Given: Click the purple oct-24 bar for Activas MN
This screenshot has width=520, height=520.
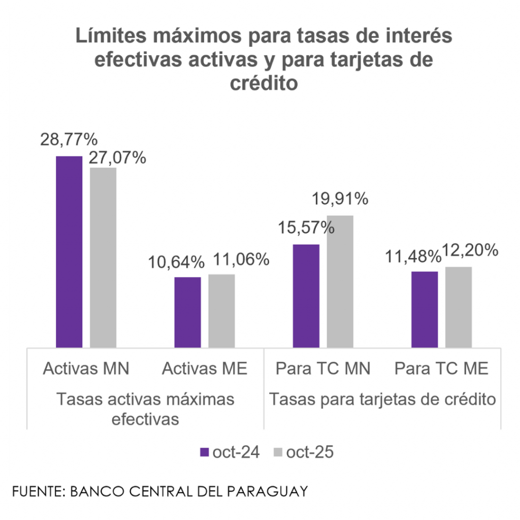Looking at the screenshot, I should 69,251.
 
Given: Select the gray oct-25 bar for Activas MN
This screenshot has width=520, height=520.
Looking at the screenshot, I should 103,257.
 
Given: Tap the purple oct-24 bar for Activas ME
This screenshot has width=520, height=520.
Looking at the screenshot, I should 187,312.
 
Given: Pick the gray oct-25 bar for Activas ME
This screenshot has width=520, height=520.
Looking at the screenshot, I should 221,310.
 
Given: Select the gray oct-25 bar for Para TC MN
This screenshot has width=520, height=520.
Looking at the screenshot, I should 340,281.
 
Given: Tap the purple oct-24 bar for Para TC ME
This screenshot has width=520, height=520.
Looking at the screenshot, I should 425,309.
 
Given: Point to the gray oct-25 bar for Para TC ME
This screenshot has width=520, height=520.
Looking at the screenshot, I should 459,307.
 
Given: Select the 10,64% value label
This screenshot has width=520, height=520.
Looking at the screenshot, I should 176,262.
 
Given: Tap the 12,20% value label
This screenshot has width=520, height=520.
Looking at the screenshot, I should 470,250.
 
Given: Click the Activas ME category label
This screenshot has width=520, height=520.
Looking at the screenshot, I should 205,369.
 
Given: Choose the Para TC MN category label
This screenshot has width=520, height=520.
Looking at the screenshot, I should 323,369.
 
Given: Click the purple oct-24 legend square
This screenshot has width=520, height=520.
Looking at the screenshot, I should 205,452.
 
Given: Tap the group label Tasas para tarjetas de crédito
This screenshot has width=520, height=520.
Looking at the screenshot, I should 382,399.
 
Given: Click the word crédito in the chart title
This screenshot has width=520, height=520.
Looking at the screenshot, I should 264,83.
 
